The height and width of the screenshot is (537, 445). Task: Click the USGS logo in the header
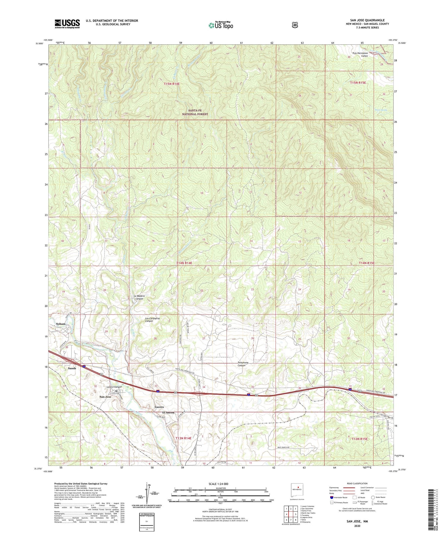[x=67, y=24]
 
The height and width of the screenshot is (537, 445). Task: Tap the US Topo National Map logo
[x=221, y=25]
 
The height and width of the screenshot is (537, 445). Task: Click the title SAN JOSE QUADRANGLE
[x=367, y=20]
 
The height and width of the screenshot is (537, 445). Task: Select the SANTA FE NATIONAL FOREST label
[x=195, y=112]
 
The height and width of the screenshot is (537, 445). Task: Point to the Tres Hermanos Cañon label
[x=360, y=54]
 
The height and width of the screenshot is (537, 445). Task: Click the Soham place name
[x=61, y=324]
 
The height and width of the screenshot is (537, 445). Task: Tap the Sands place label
[x=72, y=368]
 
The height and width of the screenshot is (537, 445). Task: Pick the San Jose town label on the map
[x=105, y=397]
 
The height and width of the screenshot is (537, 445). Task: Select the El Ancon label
[x=168, y=413]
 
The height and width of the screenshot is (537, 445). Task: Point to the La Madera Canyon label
[x=139, y=297]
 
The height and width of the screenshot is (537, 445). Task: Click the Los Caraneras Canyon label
[x=152, y=320]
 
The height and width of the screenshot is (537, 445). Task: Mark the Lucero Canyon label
[x=114, y=387]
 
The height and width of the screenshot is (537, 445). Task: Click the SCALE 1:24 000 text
[x=220, y=484]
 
